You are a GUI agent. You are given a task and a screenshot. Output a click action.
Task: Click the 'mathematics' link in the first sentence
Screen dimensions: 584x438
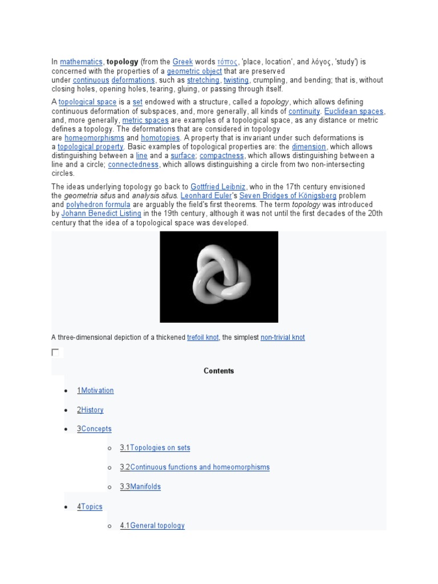[82, 62]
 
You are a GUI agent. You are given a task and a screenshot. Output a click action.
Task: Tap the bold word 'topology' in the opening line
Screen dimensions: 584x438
[123, 62]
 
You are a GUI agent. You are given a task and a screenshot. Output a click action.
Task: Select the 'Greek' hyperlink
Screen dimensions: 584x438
[182, 62]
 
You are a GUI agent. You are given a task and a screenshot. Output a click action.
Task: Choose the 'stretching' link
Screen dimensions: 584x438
[203, 80]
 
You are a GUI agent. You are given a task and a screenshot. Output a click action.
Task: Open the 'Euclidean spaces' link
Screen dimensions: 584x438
[354, 111]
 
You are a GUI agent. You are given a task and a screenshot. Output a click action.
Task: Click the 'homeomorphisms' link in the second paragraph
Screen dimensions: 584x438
[94, 138]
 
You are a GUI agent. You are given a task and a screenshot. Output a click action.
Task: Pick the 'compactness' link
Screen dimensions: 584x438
[222, 156]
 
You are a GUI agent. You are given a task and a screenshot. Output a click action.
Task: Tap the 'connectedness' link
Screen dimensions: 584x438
[133, 165]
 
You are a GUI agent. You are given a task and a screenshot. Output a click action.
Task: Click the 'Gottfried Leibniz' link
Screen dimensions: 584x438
[218, 187]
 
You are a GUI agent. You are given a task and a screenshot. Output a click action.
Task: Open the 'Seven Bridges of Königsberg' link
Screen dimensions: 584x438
[288, 196]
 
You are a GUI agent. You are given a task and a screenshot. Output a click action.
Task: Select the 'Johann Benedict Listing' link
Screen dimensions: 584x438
[101, 213]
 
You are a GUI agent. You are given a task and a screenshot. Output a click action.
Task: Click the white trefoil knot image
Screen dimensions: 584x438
[219, 277]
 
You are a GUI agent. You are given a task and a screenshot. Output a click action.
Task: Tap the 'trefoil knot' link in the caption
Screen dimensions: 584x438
[202, 338]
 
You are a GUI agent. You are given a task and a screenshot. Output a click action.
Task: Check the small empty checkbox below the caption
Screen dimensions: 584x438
[55, 352]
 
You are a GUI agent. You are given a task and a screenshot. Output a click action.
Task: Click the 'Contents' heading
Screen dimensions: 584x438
[219, 371]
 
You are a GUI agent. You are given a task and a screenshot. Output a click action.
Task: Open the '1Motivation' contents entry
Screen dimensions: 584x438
[95, 391]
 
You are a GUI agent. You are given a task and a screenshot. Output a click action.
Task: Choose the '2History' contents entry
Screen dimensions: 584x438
[90, 410]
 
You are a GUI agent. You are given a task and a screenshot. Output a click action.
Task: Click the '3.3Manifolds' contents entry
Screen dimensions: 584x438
[140, 486]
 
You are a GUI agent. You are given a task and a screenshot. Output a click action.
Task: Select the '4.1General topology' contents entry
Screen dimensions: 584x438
[152, 526]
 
